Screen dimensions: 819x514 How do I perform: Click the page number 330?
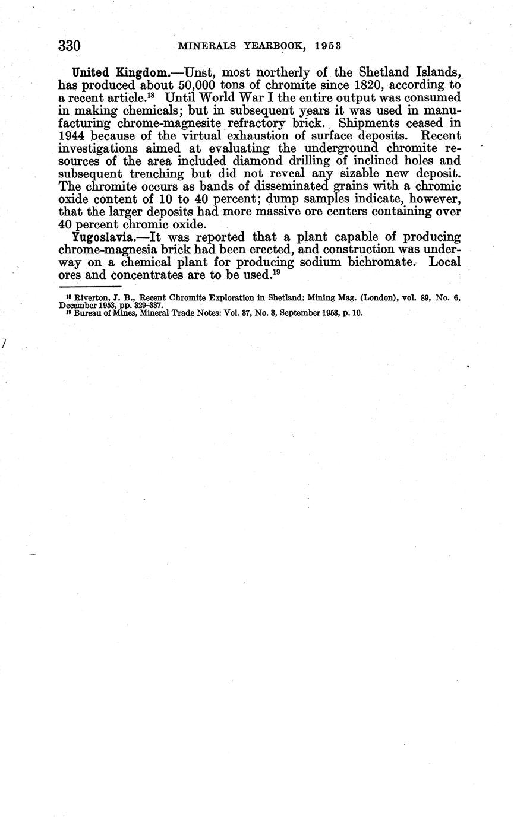(70, 46)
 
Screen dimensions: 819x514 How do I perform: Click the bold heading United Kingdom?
(120, 73)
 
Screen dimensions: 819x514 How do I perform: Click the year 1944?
(72, 136)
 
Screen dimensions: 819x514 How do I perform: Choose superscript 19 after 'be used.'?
(276, 272)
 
